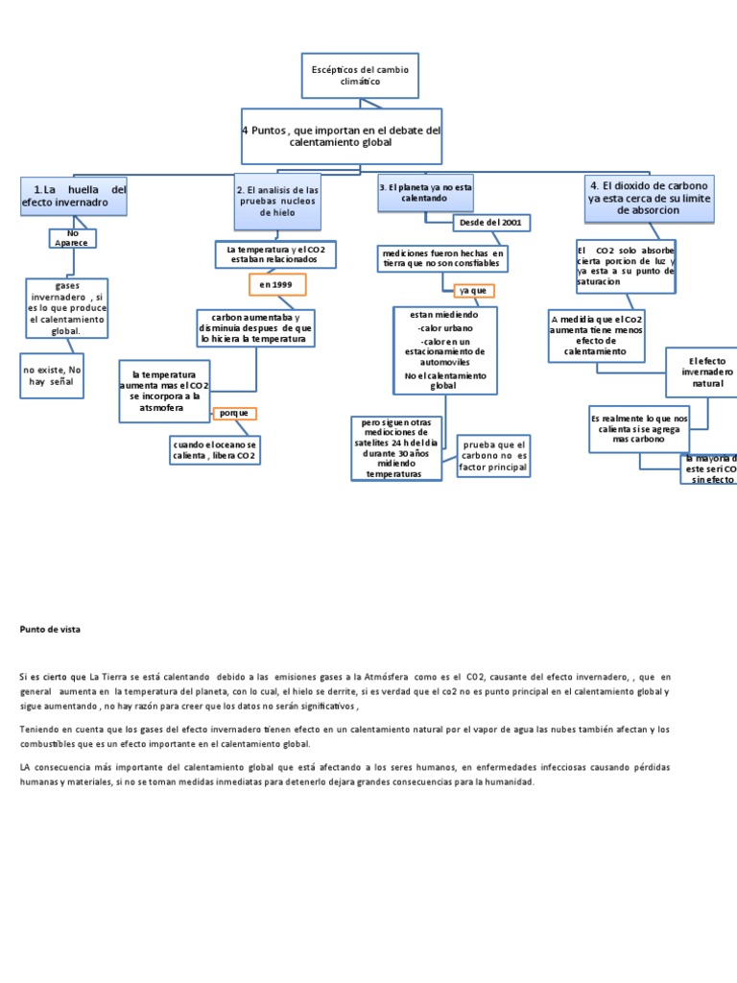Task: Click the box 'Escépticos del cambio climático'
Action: point(360,76)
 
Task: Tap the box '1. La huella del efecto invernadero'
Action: point(74,196)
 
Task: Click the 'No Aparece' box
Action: point(74,237)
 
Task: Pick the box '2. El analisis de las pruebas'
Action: point(277,202)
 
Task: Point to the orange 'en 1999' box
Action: point(276,285)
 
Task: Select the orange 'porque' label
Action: point(234,413)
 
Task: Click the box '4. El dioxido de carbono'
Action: point(649,197)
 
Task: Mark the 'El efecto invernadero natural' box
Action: point(700,372)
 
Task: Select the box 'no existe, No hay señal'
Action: point(54,374)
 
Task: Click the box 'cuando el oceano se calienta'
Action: point(214,450)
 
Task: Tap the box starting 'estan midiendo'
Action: point(444,349)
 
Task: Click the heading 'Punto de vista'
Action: point(51,629)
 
